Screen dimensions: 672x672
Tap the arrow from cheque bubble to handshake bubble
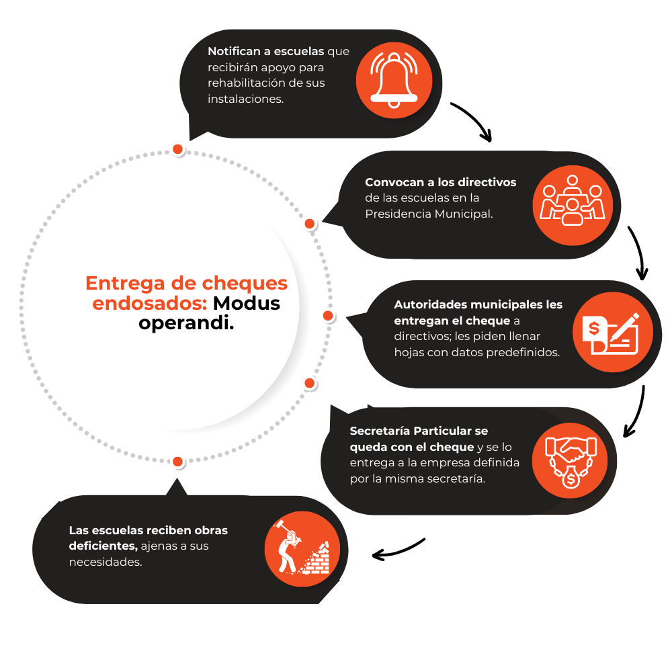636,411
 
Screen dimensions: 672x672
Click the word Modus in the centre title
247,303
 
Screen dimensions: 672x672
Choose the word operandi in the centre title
186,323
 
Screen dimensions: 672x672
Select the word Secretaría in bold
381,430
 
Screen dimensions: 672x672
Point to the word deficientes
103,546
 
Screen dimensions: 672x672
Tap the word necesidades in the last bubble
105,562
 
